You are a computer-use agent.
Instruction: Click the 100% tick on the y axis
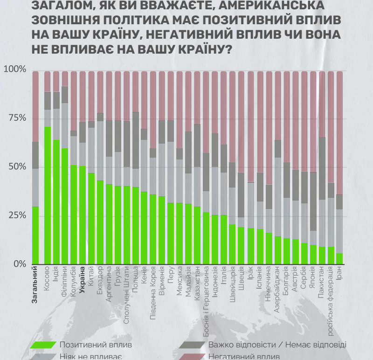pyautogui.click(x=15, y=70)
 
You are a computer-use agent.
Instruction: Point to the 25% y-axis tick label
pyautogui.click(x=17, y=215)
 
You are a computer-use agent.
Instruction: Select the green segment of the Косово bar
pyautogui.click(x=47, y=195)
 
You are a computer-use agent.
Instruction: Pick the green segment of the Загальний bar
pyautogui.click(x=35, y=235)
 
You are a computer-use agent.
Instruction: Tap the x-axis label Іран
pyautogui.click(x=339, y=274)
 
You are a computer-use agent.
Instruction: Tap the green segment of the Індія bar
pyautogui.click(x=56, y=201)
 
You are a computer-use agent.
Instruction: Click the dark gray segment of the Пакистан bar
pyautogui.click(x=322, y=168)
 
